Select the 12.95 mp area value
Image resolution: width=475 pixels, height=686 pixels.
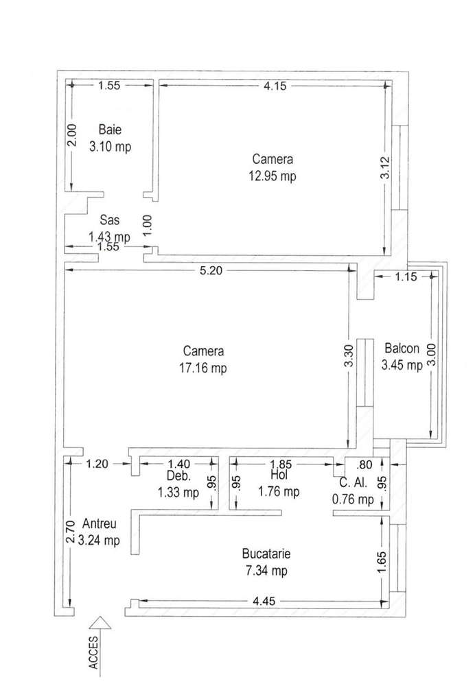(x=273, y=176)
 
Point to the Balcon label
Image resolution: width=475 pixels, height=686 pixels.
(x=402, y=347)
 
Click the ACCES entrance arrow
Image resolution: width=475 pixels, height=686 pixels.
(x=100, y=624)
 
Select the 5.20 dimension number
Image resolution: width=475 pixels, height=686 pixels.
(x=211, y=271)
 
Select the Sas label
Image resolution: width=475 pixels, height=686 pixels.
(x=109, y=220)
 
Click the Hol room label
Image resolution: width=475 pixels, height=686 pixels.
(x=279, y=475)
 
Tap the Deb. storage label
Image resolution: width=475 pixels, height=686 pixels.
(x=177, y=475)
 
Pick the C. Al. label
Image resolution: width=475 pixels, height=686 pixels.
(x=353, y=483)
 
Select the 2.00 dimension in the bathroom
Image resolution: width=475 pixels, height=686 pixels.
(x=71, y=136)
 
